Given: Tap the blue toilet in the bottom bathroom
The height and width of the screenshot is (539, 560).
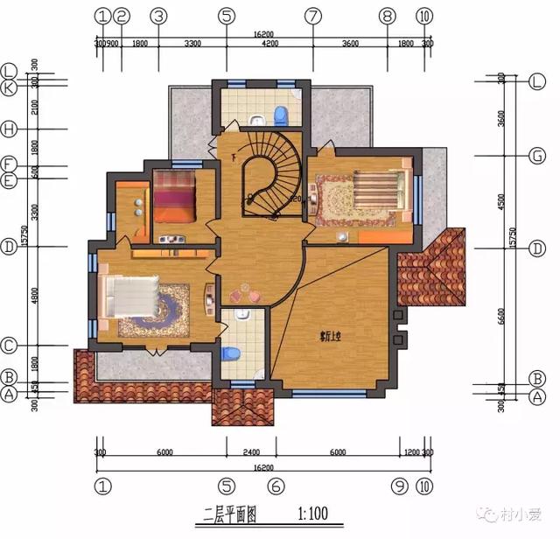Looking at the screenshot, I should pos(232,353).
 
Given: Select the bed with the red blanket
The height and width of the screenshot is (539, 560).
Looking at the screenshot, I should pos(173,200).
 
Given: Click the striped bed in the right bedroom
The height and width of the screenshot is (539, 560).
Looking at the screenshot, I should pos(377,186).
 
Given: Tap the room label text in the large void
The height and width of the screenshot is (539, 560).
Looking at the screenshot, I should pos(330,333).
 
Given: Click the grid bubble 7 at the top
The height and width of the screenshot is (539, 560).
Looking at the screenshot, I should pos(312,16).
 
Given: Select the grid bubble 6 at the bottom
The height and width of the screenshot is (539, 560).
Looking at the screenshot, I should pos(276,485).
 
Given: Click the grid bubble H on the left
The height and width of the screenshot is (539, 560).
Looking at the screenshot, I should pos(10,129).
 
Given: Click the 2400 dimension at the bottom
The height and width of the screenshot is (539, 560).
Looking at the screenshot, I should pos(251,453).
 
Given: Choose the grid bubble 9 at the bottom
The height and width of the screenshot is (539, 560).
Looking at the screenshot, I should pos(400,485).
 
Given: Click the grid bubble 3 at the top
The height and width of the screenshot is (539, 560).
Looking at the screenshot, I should pos(157,16).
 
